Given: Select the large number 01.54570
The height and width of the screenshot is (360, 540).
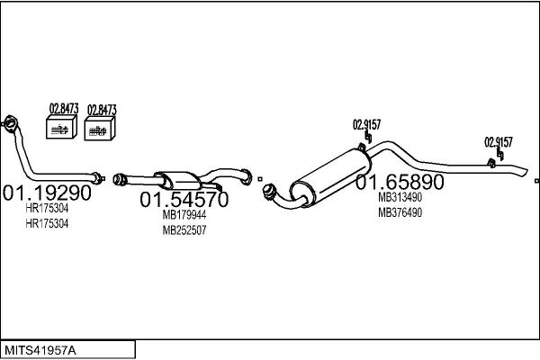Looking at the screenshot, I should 183,199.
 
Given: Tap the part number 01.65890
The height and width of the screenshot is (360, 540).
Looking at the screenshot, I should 400,182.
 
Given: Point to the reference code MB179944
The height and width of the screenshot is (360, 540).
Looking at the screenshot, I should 184,215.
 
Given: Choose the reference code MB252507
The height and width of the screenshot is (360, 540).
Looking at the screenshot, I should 184,229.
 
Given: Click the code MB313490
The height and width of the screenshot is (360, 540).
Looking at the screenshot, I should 400,197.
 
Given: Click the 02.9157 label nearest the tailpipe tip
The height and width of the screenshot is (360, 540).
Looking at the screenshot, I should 498,141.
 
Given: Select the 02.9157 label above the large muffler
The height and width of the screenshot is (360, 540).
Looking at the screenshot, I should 365,124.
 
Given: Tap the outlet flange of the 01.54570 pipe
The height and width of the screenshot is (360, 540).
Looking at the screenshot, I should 247,175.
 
